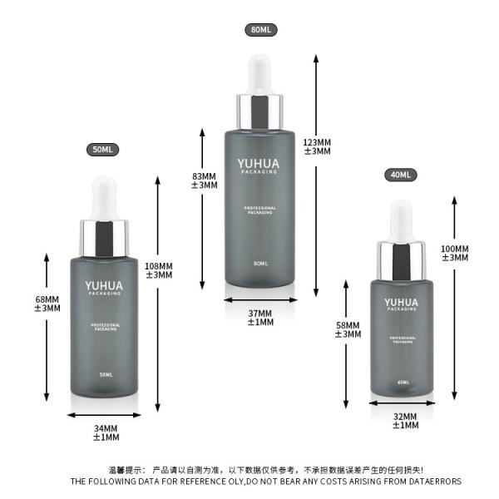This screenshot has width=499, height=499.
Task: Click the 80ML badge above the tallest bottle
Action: click(261, 29)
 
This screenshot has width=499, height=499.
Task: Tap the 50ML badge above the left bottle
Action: click(103, 149)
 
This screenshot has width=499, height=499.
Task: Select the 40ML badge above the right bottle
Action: click(401, 175)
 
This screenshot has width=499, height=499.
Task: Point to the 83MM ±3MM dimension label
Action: click(204, 180)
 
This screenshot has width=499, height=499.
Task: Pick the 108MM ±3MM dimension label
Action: click(159, 270)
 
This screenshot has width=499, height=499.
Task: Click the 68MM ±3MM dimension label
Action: click(47, 304)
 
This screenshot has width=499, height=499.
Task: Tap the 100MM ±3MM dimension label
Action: click(455, 253)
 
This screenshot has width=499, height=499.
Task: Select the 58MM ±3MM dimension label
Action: click(348, 329)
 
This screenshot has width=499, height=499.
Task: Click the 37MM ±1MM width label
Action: click(260, 317)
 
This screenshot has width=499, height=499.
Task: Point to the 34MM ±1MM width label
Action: click(106, 432)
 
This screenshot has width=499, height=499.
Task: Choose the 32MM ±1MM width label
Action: click(403, 421)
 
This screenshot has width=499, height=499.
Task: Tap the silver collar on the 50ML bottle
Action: click(104, 236)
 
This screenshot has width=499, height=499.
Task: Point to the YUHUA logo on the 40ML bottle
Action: click(401, 303)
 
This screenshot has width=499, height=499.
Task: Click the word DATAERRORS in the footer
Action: click(431, 481)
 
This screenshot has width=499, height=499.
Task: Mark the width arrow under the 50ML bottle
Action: click(105, 415)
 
